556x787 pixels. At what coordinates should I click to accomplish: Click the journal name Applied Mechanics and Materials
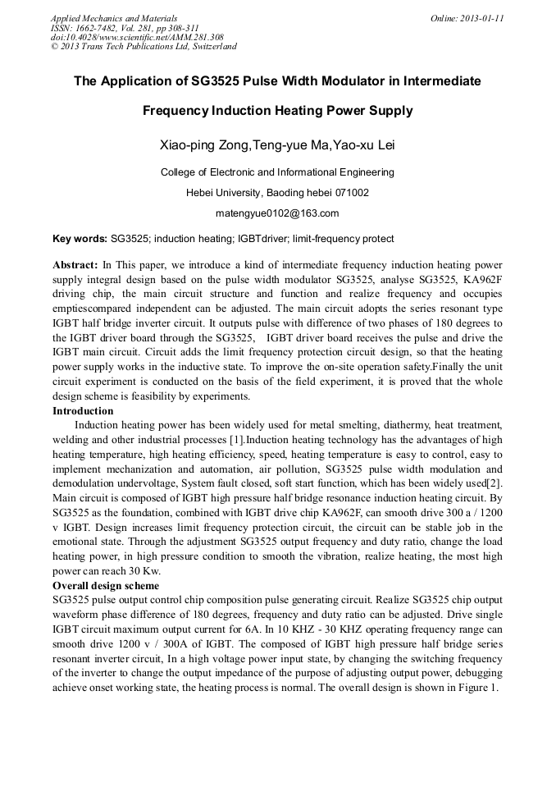(x=113, y=18)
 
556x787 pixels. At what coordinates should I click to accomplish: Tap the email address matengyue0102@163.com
(x=277, y=213)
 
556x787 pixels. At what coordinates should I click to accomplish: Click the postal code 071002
(x=350, y=193)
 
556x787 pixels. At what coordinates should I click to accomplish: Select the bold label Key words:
(x=80, y=239)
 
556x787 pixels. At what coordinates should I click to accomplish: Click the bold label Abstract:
(x=75, y=265)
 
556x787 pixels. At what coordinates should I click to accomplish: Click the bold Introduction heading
(x=83, y=410)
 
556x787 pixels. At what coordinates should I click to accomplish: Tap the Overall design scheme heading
(x=106, y=586)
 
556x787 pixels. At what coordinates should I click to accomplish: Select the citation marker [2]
(x=495, y=483)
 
